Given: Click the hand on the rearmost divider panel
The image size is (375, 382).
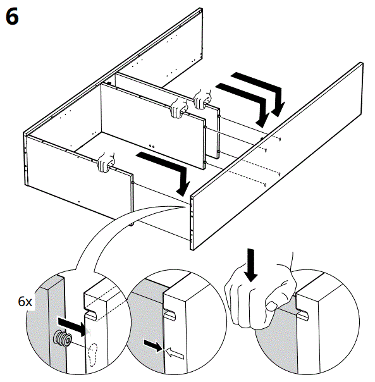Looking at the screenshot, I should (202, 97).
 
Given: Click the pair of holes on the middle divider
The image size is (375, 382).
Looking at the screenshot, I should (150, 144).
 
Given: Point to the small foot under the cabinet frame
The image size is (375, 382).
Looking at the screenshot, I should (131, 223).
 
